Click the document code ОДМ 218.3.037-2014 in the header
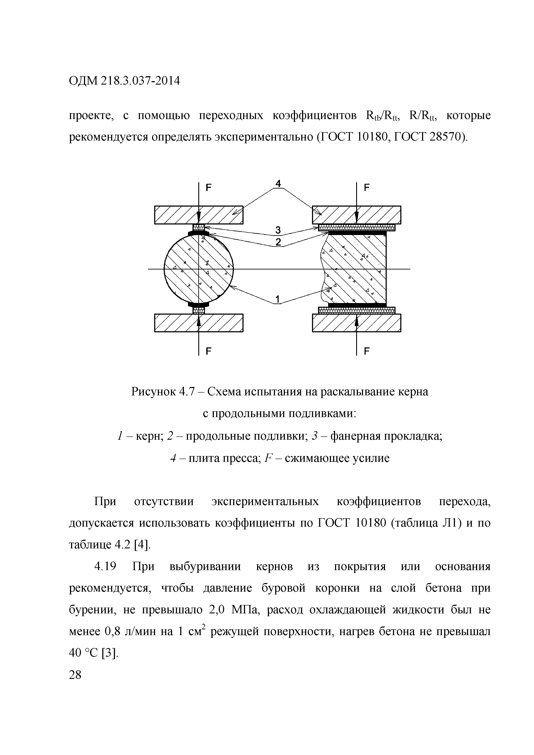124,80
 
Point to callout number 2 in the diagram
278,242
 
